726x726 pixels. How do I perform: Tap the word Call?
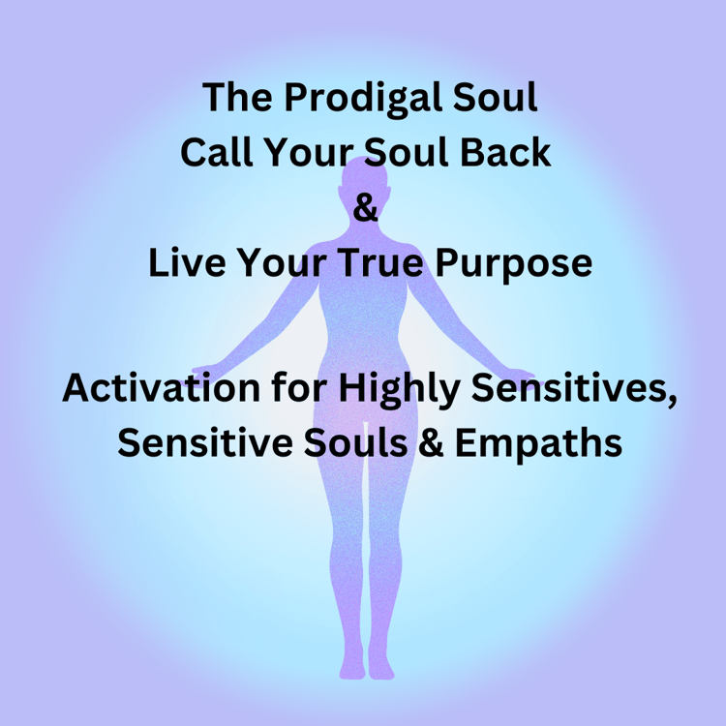[x=217, y=152]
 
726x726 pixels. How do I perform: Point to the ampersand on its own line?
[x=365, y=207]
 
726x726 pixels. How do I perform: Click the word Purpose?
[x=513, y=265]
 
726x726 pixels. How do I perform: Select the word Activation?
[x=161, y=387]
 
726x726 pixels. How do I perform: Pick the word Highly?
[x=399, y=390]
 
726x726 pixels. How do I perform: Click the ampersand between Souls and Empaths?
[x=432, y=442]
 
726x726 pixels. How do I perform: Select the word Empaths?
[x=538, y=444]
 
